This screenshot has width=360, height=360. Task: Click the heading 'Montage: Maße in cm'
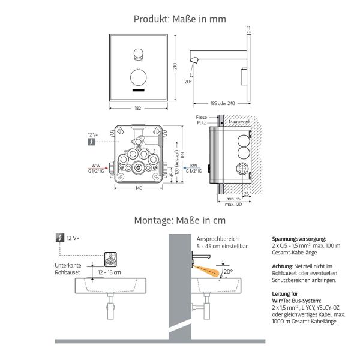pos(180,220)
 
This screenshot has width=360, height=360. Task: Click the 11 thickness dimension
pos(248,27)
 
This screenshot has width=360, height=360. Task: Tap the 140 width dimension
pos(138,189)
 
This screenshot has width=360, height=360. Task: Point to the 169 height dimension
pos(182,155)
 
